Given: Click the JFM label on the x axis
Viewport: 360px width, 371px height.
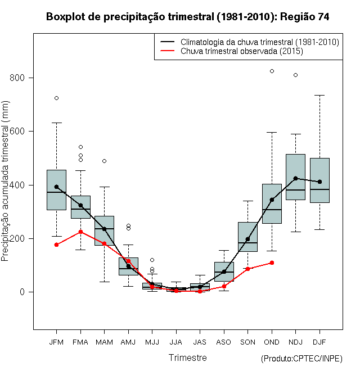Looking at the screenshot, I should point(56,342).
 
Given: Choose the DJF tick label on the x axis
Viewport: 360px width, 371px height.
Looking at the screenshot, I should point(319,342).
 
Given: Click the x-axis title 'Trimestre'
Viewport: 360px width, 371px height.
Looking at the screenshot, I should point(187,358).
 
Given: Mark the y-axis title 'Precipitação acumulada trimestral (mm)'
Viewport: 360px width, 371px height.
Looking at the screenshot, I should point(6,185).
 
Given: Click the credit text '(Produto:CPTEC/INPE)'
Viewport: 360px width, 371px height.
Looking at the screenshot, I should point(301,359).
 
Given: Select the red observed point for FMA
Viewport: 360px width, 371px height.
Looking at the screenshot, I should point(80,232).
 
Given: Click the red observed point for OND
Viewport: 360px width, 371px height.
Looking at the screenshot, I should point(272,263).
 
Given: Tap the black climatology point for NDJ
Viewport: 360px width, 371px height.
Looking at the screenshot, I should point(295,178).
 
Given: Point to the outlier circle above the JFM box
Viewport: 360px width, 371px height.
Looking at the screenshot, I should point(56,98).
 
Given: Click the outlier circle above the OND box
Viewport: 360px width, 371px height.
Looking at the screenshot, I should point(272,71).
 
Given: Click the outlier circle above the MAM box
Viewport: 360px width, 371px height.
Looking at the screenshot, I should point(104,161).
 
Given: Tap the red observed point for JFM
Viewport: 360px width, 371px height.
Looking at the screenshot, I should point(56,245).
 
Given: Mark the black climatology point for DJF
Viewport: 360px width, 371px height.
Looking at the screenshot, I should point(319,182).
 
